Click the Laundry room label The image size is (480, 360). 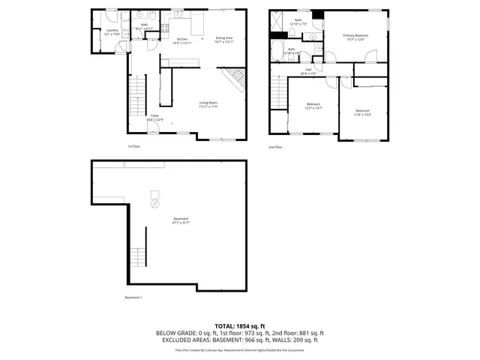112,32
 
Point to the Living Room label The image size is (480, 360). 208,104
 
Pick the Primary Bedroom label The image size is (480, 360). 354,37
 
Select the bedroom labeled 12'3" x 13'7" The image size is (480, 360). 313,106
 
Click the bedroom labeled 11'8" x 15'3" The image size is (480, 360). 362,112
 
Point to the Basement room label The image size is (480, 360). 181,220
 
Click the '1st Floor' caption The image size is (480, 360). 134,147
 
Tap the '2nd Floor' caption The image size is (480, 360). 275,147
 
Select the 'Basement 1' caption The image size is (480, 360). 133,298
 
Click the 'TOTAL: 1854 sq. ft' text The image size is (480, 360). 240,325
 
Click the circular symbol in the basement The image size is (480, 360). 155,202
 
